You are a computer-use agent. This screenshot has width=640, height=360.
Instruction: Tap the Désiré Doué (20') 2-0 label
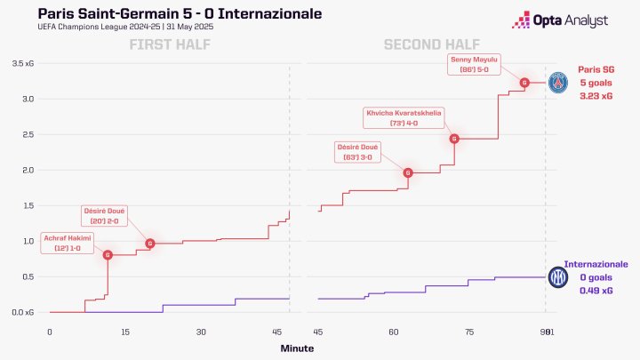(105, 215)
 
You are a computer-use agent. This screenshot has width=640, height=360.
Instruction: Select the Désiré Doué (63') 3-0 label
(356, 151)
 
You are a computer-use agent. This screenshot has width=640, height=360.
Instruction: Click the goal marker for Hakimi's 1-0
(108, 255)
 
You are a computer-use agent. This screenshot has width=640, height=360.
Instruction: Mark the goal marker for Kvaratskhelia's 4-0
(454, 139)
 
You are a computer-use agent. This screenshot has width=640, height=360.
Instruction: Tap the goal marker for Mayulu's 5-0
(524, 83)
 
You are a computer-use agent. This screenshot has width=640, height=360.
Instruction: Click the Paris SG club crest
(558, 83)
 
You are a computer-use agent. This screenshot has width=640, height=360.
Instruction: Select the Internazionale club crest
(558, 277)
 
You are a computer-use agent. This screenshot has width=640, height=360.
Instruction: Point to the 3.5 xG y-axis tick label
(24, 63)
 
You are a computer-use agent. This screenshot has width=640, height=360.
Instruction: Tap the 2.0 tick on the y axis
(28, 170)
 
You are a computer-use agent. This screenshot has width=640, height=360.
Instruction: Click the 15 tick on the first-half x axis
(125, 332)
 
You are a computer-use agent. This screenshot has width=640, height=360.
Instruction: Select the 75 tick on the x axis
(469, 332)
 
